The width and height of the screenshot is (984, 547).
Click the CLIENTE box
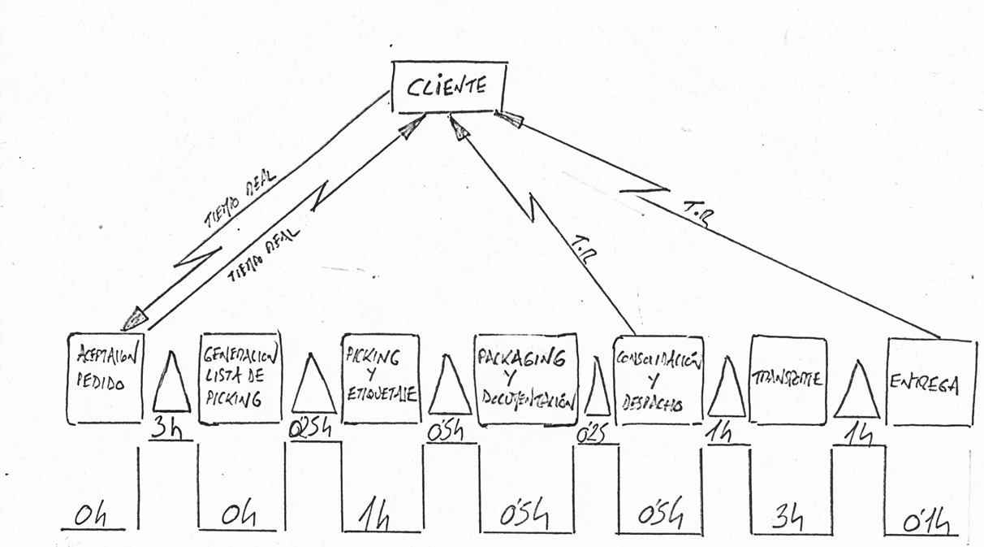[x=447, y=86]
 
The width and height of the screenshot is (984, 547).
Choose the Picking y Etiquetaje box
[x=380, y=379]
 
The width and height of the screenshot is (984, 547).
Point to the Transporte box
[x=788, y=379]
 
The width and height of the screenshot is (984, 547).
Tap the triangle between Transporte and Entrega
[x=857, y=393]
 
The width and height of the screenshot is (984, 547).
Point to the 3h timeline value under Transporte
[x=787, y=518]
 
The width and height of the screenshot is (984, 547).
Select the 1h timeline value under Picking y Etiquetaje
[x=376, y=516]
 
